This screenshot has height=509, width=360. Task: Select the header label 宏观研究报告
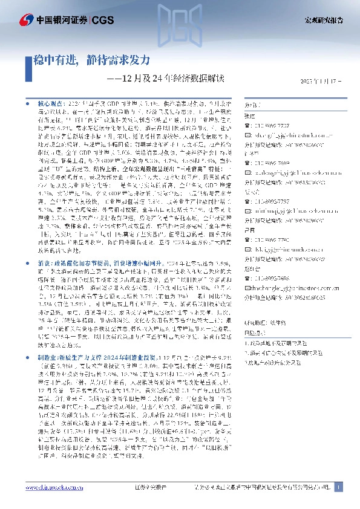tap(322, 20)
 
